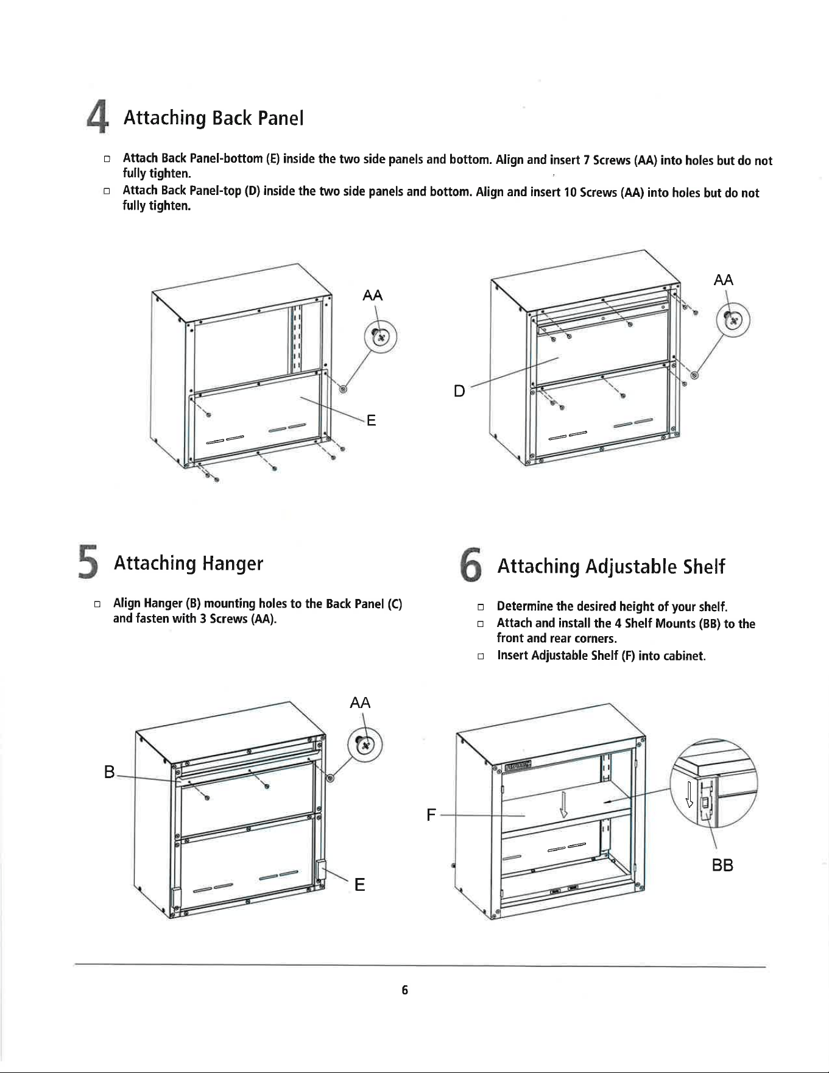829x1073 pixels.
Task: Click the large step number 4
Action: point(95,118)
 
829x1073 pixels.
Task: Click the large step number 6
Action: point(471,567)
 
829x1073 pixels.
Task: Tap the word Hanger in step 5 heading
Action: point(233,564)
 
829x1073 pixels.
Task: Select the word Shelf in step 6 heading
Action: point(704,567)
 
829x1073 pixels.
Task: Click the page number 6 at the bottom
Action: point(405,990)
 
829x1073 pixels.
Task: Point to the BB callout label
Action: point(722,865)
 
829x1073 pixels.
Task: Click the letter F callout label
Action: point(431,815)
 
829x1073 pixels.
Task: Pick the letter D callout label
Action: point(460,391)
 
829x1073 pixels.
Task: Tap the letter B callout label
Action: point(110,773)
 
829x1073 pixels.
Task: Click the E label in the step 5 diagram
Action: point(360,885)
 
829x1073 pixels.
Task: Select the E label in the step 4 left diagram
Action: point(371,420)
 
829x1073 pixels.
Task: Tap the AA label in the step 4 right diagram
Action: point(723,280)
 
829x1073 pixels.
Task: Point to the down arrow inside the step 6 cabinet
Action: point(564,804)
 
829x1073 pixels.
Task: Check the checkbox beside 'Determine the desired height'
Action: point(480,607)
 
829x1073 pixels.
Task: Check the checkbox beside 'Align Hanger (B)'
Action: point(96,604)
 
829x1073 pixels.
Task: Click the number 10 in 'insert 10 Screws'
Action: point(571,193)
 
